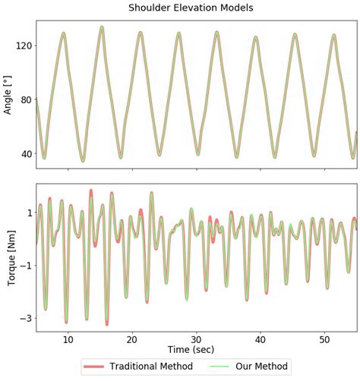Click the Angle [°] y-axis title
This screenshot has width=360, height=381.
[x=8, y=99]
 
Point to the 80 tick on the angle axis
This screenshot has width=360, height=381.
[x=25, y=99]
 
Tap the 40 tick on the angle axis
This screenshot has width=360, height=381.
[x=25, y=153]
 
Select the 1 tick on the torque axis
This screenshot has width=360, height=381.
[x=28, y=213]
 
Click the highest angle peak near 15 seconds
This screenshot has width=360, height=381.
[x=102, y=27]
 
